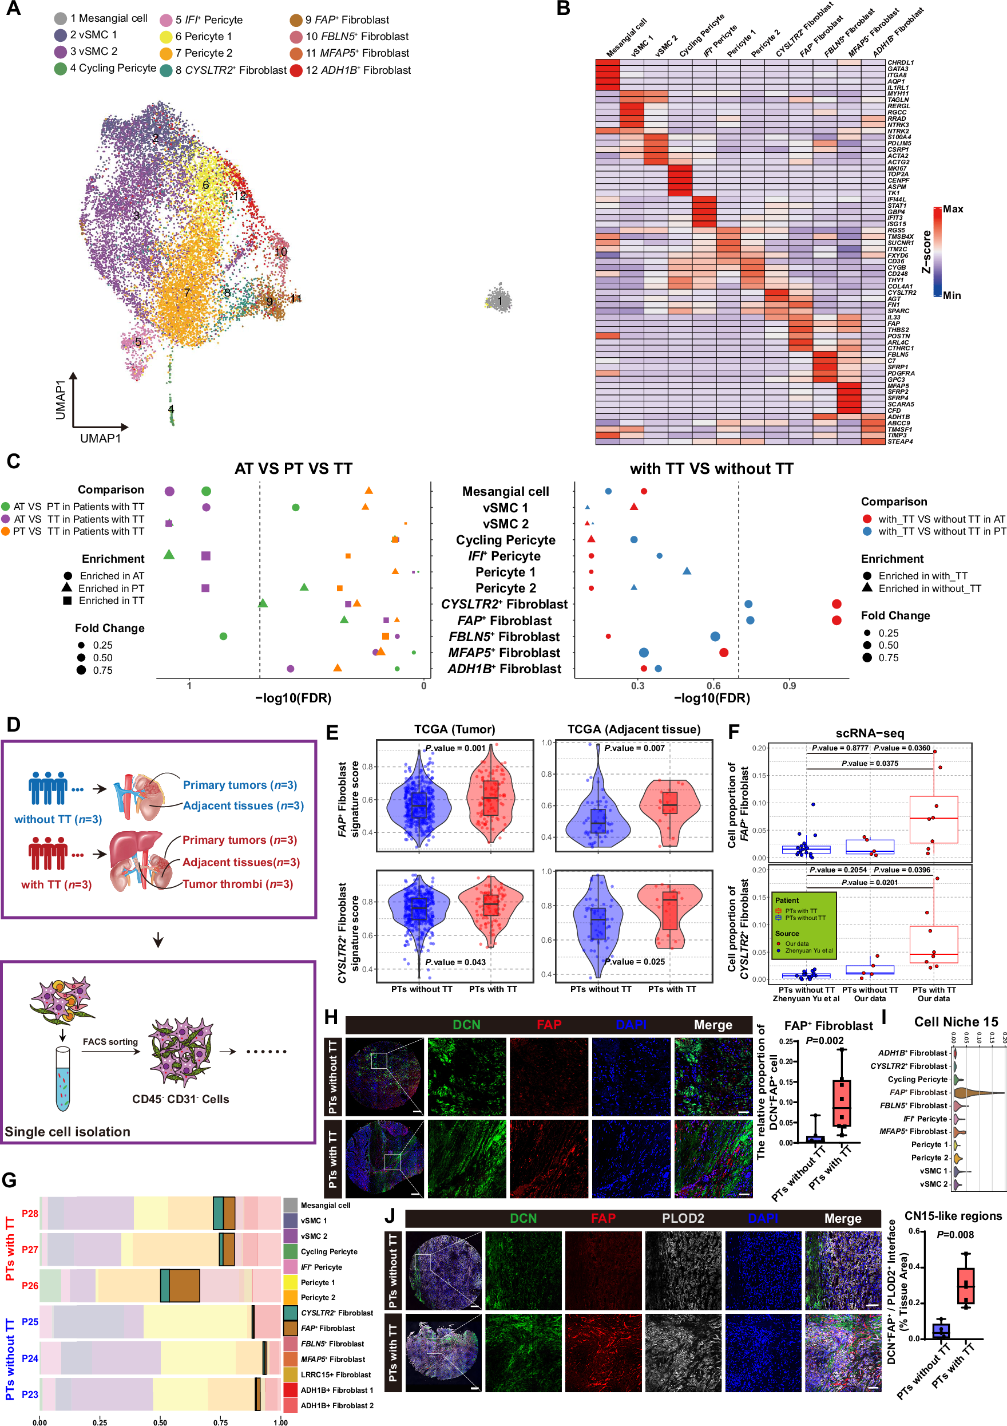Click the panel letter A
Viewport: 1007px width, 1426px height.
coord(13,9)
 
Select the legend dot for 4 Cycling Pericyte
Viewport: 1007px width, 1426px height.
coord(60,69)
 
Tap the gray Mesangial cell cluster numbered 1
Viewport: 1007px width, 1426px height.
coord(499,300)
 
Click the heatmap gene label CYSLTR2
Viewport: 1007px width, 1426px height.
coord(902,293)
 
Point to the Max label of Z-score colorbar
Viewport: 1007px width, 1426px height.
coord(953,210)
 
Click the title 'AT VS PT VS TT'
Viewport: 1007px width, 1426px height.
coord(293,468)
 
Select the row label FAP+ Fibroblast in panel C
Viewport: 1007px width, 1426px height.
coord(504,621)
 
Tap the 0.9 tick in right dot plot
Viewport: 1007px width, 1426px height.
coord(789,686)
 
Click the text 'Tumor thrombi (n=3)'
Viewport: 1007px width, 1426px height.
coord(238,884)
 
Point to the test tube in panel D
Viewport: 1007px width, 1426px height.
coord(63,1080)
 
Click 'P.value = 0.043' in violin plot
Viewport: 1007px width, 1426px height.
coord(455,962)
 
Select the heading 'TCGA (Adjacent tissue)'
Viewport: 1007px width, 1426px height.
coord(634,729)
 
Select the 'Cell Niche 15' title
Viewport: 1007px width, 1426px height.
coord(956,1022)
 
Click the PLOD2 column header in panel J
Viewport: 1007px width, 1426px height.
coord(683,1218)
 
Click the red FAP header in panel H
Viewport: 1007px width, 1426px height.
coord(549,1025)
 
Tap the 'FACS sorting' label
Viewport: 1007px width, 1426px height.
coord(110,1041)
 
